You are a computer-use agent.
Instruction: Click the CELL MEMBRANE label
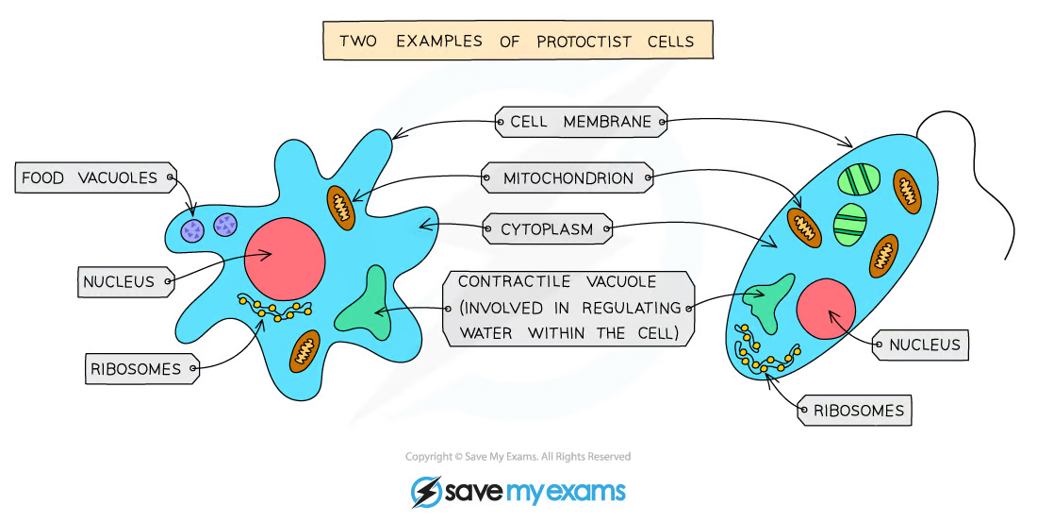(581, 122)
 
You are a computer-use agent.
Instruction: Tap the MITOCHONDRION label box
(567, 177)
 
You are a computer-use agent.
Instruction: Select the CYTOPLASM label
(546, 229)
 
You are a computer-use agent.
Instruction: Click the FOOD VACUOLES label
(95, 177)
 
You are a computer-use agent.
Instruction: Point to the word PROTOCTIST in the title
(584, 42)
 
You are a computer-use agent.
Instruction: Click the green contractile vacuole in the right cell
(767, 301)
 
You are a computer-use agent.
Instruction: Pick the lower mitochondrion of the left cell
(305, 350)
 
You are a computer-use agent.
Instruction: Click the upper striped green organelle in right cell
(859, 179)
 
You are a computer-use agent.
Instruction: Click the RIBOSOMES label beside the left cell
(141, 368)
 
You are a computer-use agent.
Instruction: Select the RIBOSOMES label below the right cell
(854, 410)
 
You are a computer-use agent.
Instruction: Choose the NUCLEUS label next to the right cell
(921, 345)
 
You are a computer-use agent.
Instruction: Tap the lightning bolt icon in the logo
(426, 492)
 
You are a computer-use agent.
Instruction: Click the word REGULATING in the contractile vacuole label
(632, 308)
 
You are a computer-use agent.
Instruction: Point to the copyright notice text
(518, 457)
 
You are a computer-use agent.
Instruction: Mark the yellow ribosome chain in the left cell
(273, 308)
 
